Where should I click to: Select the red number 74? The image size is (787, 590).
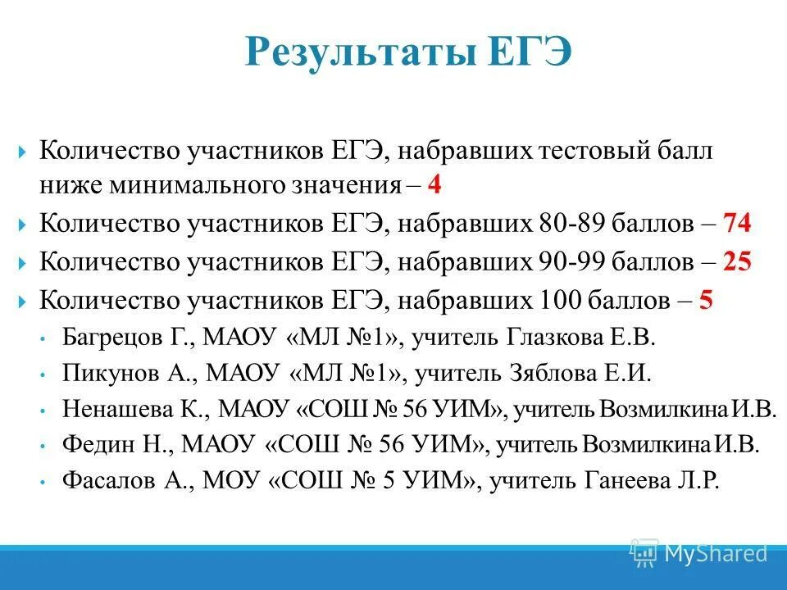coord(736,223)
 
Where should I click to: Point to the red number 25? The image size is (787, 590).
coord(736,261)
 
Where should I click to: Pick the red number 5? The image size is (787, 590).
coord(706,300)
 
